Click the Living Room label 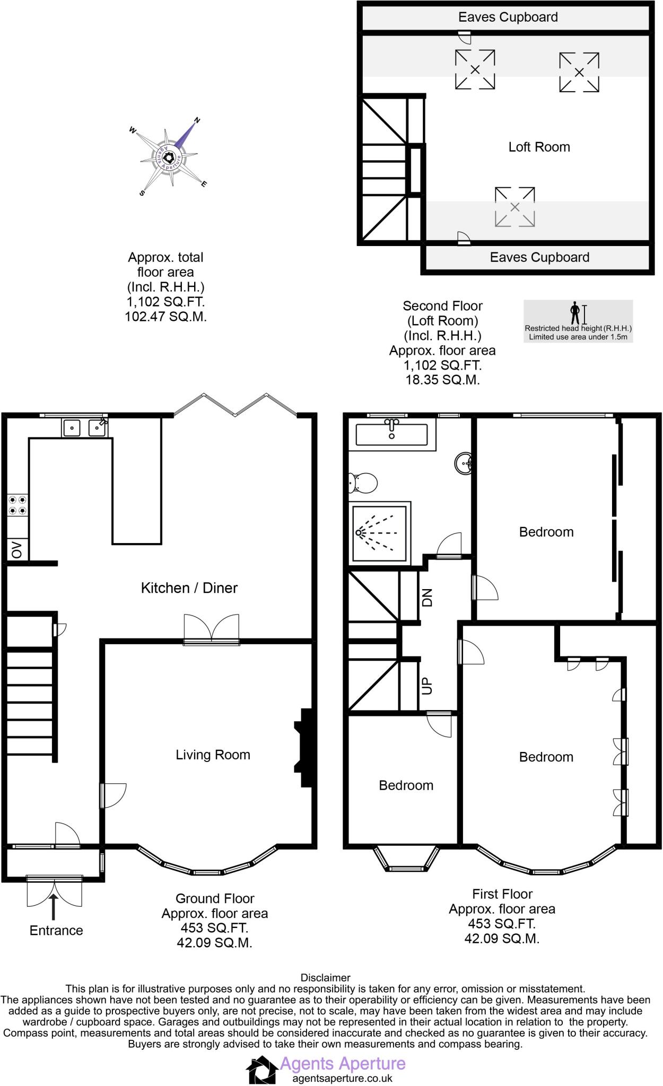tap(213, 755)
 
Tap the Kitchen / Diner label tap(189, 588)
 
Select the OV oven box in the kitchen tap(17, 550)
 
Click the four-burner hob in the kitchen tap(18, 505)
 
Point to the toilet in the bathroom tap(363, 483)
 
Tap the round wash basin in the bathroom tap(464, 463)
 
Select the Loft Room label tap(539, 147)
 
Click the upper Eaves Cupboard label tap(508, 17)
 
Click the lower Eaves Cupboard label tap(539, 257)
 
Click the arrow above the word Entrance tap(53, 906)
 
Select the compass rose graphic tap(169, 157)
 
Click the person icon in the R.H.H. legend tap(575, 313)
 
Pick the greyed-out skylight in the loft tap(514, 207)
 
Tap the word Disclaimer tap(325, 977)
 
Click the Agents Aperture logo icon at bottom tap(262, 1069)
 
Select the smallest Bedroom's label tap(406, 785)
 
